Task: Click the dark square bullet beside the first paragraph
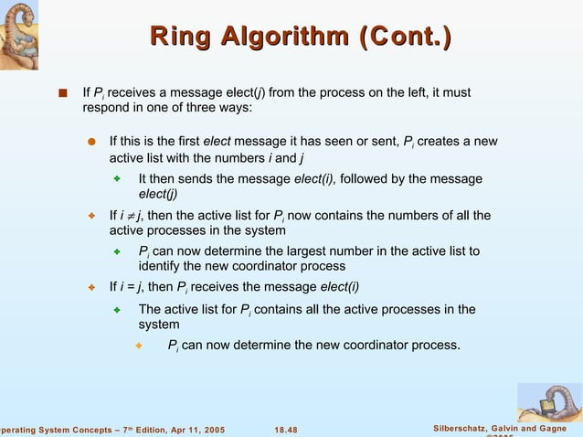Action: click(61, 92)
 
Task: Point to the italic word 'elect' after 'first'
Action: click(217, 142)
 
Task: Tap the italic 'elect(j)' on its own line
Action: click(158, 194)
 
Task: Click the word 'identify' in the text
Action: click(158, 266)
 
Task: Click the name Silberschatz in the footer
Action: click(465, 429)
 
